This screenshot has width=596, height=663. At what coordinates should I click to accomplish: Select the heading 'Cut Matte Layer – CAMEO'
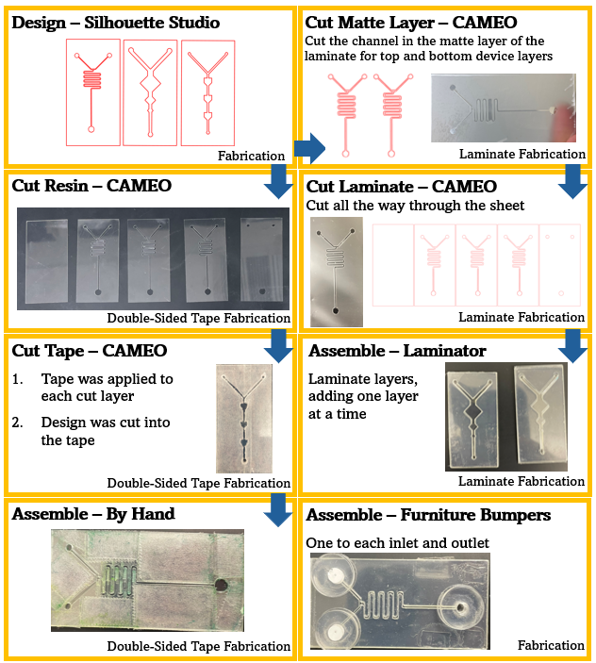[x=411, y=22]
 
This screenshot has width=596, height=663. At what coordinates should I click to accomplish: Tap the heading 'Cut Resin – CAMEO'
[x=91, y=186]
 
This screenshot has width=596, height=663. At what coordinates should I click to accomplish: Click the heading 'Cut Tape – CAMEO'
[x=90, y=351]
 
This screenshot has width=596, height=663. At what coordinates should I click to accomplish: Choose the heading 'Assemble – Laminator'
[x=396, y=351]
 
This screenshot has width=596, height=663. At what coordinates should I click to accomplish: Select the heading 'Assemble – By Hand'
[x=93, y=515]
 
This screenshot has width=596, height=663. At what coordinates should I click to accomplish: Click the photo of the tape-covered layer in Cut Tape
[x=244, y=417]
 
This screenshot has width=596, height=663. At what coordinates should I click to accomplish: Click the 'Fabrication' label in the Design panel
[x=251, y=156]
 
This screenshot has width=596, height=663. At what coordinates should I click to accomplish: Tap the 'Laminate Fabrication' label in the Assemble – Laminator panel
[x=521, y=482]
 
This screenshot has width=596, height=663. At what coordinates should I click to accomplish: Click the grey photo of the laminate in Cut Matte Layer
[x=502, y=108]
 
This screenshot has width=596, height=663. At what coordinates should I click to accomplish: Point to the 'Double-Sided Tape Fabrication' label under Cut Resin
[x=198, y=318]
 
